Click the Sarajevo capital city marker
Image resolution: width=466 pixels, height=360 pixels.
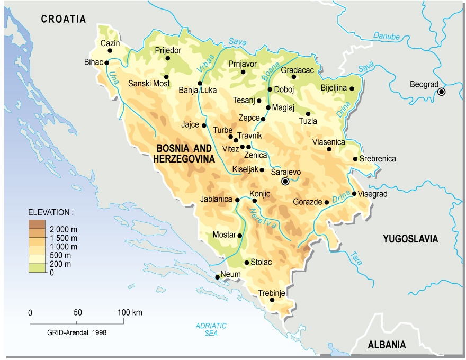point(285,181)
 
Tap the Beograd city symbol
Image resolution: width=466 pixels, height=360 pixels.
point(441,92)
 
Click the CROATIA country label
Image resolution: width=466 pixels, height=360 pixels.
point(64,19)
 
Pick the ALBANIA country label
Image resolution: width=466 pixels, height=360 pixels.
point(388,345)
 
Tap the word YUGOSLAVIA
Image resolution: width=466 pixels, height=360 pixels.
point(410,239)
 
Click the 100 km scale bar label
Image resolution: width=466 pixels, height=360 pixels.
point(130,312)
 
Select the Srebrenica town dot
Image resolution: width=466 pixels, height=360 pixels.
point(355,159)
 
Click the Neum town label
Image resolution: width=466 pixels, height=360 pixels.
point(231,274)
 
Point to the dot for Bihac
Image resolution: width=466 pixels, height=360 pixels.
point(107,62)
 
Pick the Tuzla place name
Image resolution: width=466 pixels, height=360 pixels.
point(308,121)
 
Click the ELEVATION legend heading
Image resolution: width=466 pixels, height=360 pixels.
point(51,212)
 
